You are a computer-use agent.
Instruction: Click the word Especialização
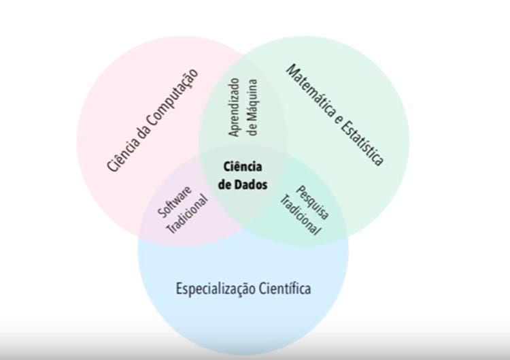click(214, 289)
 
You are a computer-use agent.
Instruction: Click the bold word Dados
click(254, 184)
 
